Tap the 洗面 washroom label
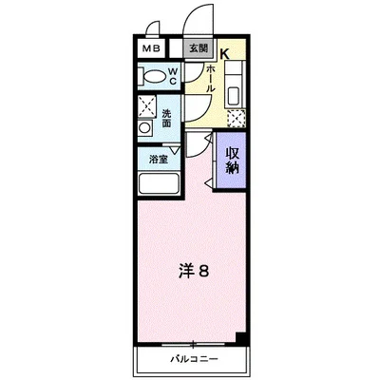pos(167,117)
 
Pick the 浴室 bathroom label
pos(156,160)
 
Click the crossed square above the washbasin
pos(147,105)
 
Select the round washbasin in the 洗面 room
pos(145,126)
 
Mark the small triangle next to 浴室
pos(173,149)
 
